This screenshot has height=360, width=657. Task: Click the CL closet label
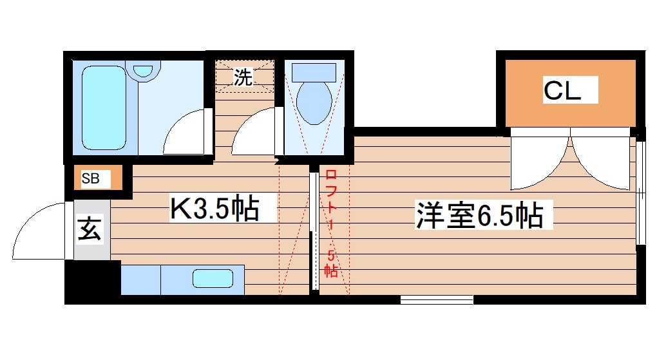tap(562, 91)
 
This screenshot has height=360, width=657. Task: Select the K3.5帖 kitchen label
tap(214, 209)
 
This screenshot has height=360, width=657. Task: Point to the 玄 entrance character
tap(90, 229)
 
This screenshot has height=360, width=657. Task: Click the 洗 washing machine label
tap(243, 78)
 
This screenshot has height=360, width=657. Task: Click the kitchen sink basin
tap(212, 279)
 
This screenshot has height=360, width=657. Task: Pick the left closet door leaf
tap(540, 160)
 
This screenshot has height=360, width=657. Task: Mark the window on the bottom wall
tap(436, 299)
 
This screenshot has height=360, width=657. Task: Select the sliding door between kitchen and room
tap(314, 231)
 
